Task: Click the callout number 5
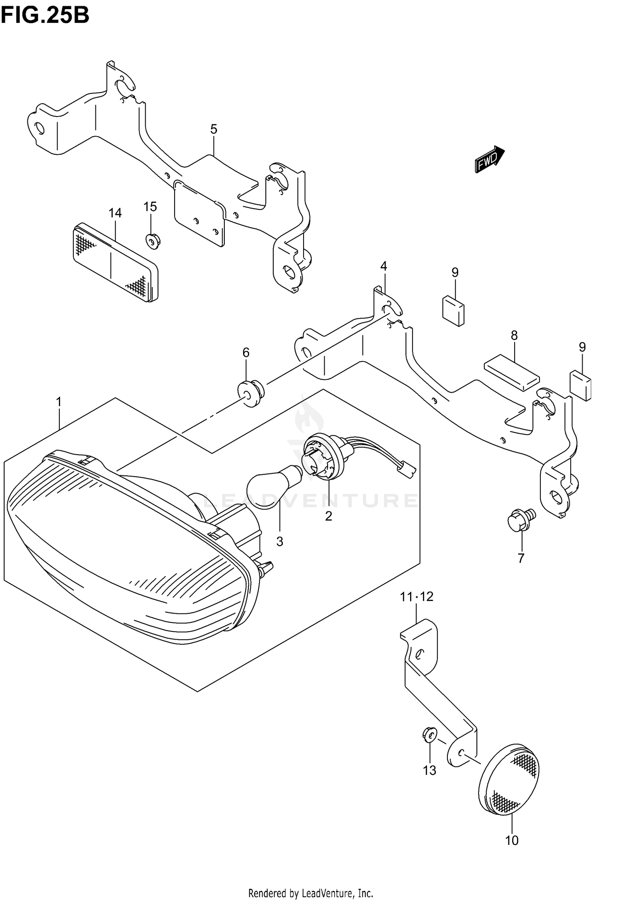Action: (214, 129)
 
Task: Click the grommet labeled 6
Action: (250, 392)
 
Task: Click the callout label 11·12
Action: (416, 597)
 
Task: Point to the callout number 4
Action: (384, 266)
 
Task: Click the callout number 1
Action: (59, 402)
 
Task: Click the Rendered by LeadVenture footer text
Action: (311, 893)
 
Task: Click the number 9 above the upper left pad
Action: (455, 273)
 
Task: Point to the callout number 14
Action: (115, 213)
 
